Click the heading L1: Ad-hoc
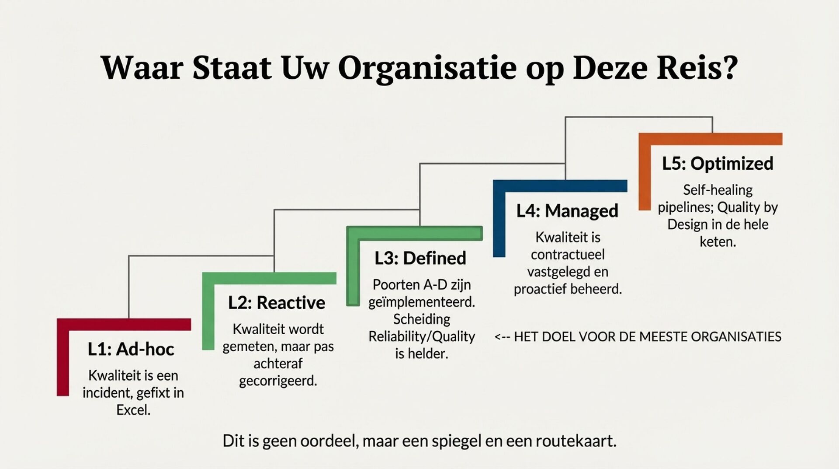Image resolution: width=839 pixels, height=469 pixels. tap(131, 349)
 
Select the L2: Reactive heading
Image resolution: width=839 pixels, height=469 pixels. tap(277, 303)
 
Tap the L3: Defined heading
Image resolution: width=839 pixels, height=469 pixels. tap(420, 258)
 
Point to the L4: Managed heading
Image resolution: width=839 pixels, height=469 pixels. tap(567, 211)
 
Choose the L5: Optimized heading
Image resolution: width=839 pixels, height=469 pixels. tap(718, 164)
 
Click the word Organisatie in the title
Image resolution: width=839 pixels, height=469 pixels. tap(427, 68)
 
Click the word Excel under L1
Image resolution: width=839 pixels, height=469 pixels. tap(133, 410)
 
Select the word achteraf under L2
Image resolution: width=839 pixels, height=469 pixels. tap(278, 364)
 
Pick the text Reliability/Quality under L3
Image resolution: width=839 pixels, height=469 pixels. tap(422, 336)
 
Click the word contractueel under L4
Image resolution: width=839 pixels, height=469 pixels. tap(568, 255)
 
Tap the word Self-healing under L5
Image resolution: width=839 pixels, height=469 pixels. tap(718, 190)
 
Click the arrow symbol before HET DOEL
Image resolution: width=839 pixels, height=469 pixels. tap(502, 337)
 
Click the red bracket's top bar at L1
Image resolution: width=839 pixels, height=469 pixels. tap(124, 324)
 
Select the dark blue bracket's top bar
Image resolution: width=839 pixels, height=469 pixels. tap(560, 186)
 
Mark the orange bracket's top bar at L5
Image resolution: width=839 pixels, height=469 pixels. tap(711, 139)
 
